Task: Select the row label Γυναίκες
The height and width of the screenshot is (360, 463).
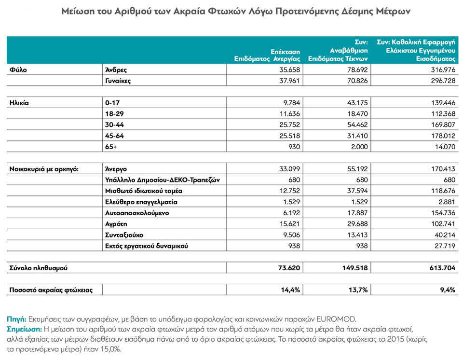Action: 119,81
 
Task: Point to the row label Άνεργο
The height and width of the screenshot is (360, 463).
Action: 116,169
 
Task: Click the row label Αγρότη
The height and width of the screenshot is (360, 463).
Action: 116,224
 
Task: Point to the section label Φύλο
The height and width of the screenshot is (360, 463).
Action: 18,69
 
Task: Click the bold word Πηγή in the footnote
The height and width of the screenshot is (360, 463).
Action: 16,320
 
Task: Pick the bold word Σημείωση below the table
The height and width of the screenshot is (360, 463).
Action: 24,330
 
